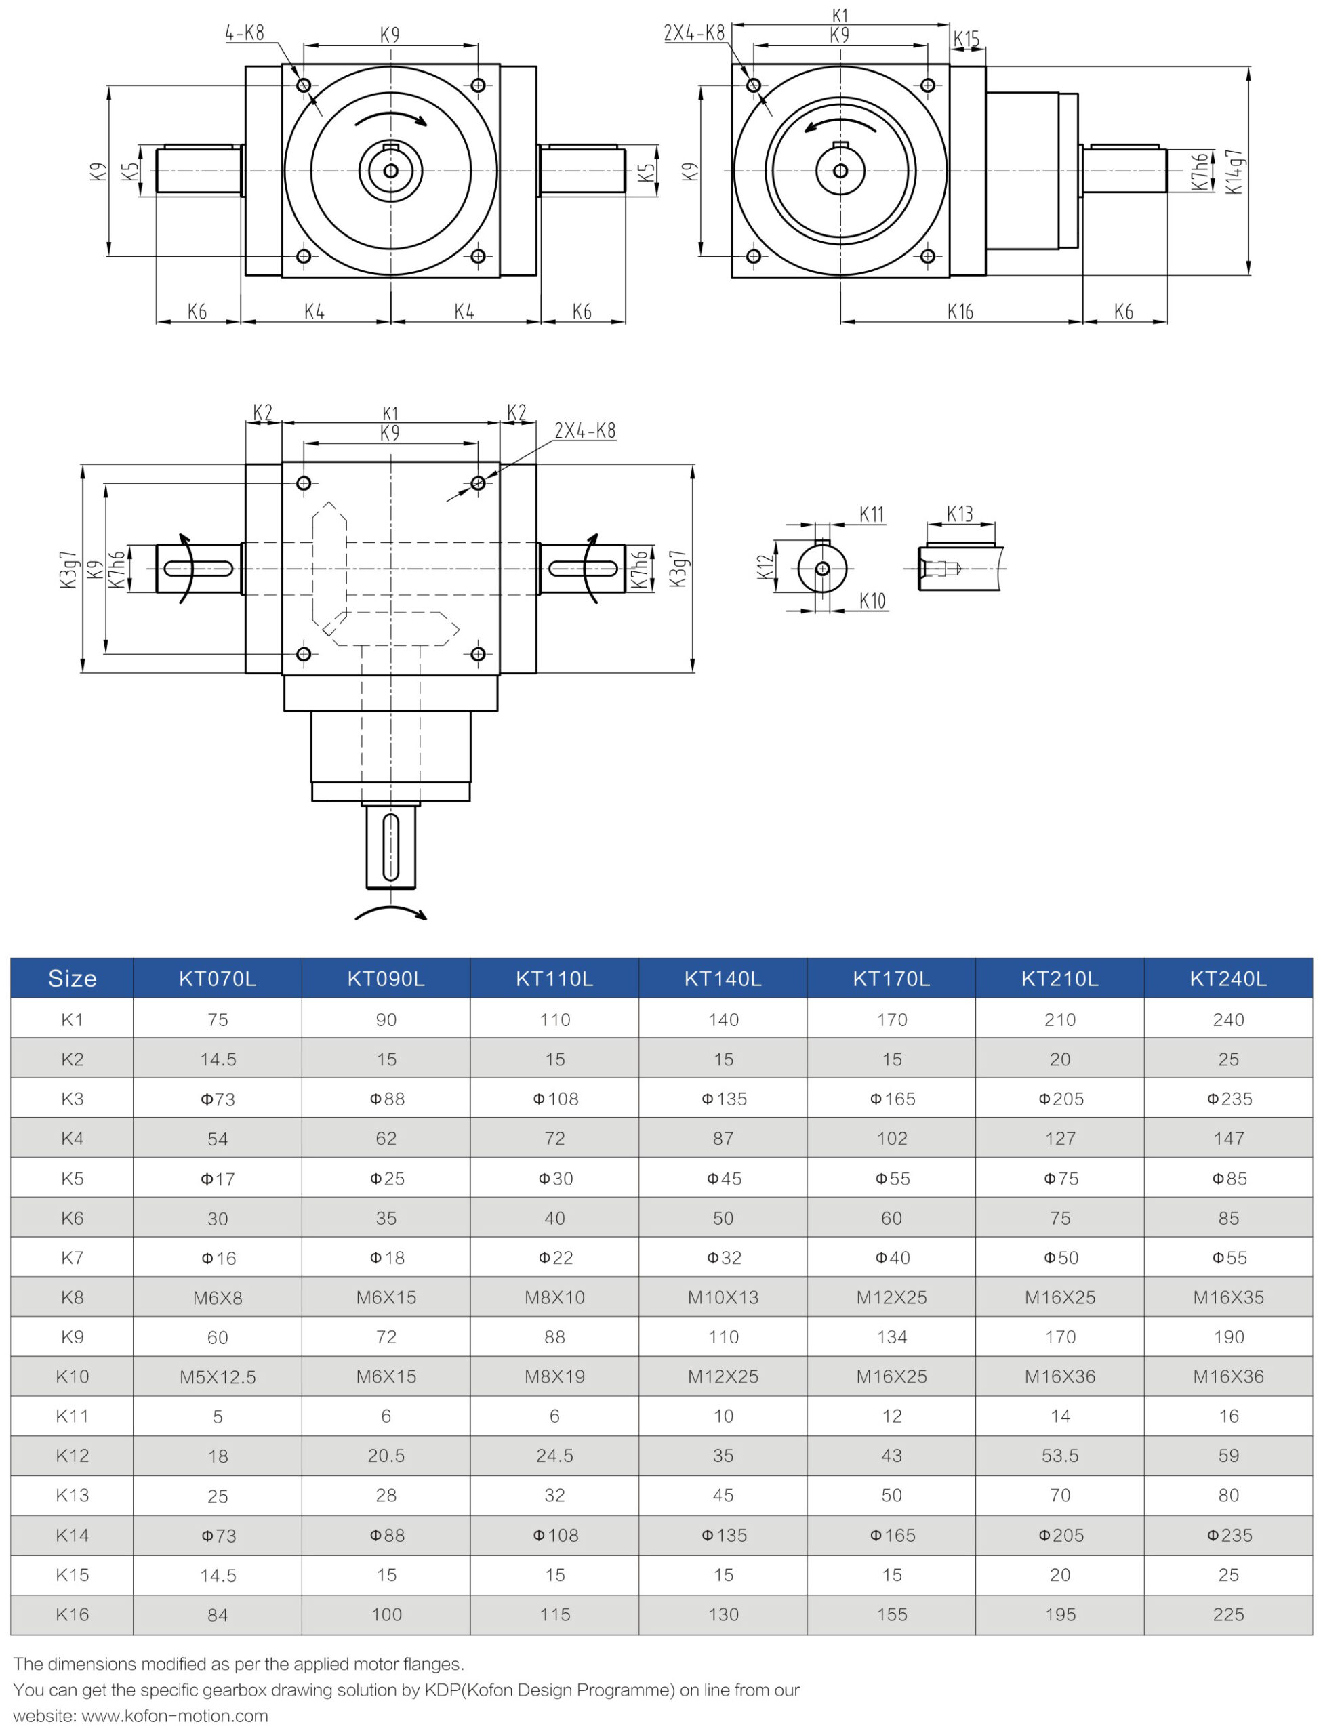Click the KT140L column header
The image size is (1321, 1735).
(723, 978)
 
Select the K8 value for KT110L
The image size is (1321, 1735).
(554, 1297)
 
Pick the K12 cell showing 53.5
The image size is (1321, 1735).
(1059, 1455)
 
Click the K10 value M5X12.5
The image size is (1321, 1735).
(217, 1376)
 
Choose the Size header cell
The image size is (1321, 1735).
(72, 978)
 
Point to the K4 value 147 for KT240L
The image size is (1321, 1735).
(1228, 1139)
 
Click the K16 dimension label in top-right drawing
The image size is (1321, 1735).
(960, 312)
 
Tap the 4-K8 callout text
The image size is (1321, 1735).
(245, 33)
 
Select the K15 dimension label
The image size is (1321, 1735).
(967, 39)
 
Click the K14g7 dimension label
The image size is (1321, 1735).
(1234, 171)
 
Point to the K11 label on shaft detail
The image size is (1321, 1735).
(871, 515)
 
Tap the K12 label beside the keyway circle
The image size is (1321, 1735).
(765, 567)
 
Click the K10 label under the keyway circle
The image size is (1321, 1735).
(872, 601)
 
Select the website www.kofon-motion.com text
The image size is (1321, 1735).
(175, 1715)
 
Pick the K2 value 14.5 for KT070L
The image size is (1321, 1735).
(217, 1059)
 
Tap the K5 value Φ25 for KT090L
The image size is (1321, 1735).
(386, 1179)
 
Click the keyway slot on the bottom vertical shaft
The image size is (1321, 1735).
(391, 846)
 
